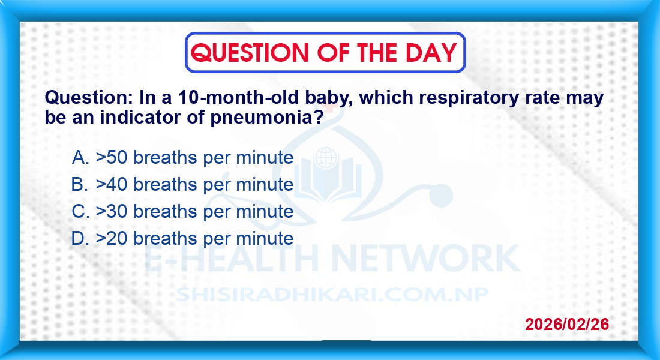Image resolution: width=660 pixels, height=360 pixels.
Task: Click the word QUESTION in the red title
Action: point(250,53)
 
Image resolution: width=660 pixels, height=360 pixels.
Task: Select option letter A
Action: point(80,157)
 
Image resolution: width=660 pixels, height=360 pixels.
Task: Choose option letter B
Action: point(80,184)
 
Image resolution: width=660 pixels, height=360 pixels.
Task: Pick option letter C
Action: point(80,211)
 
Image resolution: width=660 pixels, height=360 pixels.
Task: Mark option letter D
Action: point(80,238)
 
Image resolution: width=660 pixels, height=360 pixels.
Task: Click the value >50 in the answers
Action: point(112,157)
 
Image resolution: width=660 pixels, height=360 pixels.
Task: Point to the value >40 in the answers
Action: point(112,184)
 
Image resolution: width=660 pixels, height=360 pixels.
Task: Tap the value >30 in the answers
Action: point(112,211)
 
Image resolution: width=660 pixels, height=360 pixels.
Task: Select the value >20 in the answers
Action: point(112,238)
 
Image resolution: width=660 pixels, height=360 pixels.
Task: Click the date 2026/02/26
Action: point(567,324)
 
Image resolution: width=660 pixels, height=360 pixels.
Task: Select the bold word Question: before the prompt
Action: point(89,98)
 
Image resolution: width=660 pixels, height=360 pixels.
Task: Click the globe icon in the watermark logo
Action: point(326,158)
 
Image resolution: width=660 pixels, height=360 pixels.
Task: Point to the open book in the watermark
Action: point(328,182)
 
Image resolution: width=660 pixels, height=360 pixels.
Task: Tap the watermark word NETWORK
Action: point(426,257)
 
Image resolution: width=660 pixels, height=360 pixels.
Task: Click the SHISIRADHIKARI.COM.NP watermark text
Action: point(332,295)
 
